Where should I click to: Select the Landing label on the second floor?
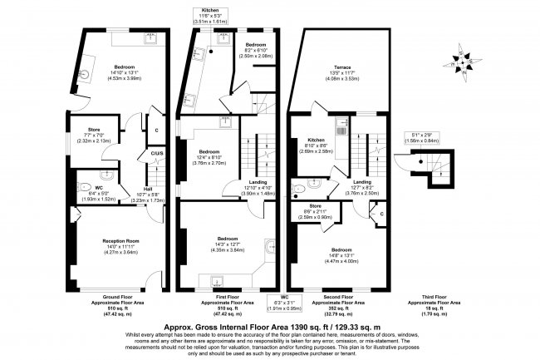(x=361, y=181)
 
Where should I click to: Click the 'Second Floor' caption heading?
(x=336, y=296)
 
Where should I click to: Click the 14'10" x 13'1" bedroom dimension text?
(x=110, y=73)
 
